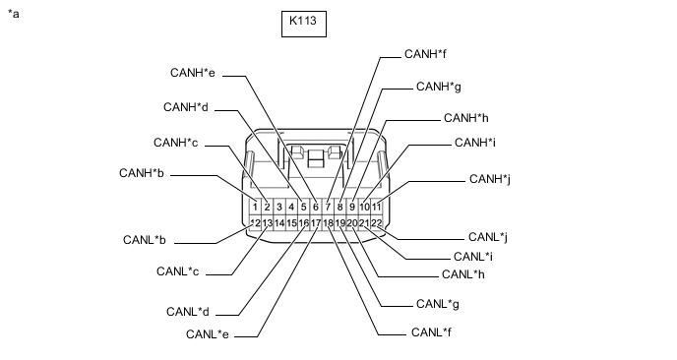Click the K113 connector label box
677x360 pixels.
pos(304,25)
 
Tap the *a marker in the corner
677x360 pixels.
pos(14,14)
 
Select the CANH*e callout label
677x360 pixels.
pos(193,73)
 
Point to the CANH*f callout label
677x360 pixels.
pos(425,54)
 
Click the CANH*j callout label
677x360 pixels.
pos(490,179)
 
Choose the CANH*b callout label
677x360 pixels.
pos(142,173)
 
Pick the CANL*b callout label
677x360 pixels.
pos(145,240)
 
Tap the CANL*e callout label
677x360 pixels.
pos(208,334)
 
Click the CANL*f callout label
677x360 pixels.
pos(431,332)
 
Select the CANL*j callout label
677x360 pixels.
pos(488,237)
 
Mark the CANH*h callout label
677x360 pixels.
pos(466,118)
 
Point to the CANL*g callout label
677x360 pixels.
pos(438,304)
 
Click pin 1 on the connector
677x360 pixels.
pos(255,207)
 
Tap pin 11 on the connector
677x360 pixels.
pos(377,207)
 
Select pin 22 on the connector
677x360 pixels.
pos(377,223)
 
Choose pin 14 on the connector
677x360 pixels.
pos(279,223)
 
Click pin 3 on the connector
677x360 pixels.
pos(279,207)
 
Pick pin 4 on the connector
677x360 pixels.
pos(291,207)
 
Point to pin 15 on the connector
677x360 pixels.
pos(291,223)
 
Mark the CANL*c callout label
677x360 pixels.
pos(177,271)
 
